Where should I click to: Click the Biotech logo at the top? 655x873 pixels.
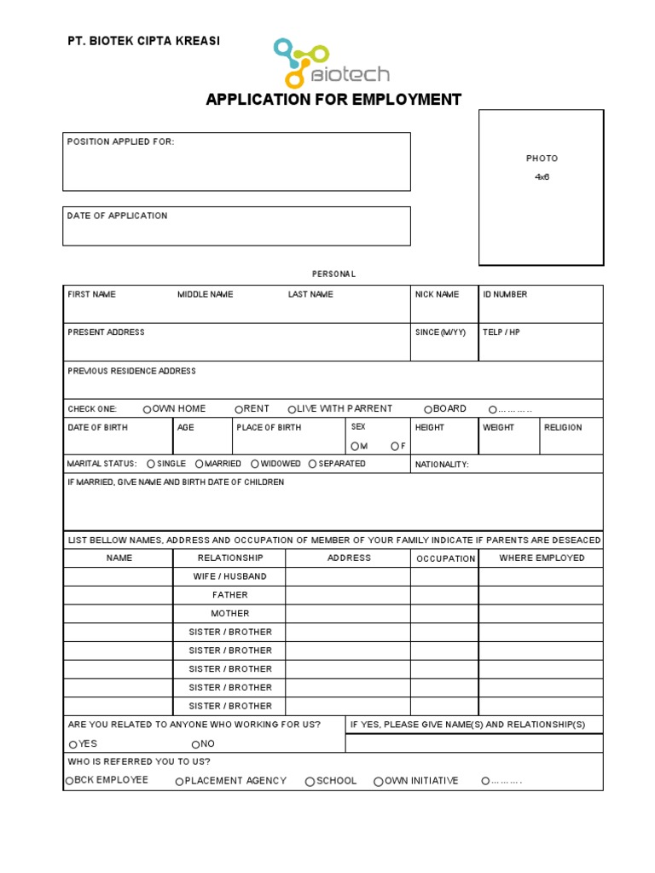331,63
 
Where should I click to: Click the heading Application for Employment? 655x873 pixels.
333,100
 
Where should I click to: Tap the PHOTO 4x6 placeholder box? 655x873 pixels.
542,188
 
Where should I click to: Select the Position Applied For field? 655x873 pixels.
236,161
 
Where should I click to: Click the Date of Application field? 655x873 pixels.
236,226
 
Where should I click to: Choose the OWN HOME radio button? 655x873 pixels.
148,409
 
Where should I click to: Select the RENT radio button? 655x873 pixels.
240,409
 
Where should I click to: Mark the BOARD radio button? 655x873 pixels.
428,409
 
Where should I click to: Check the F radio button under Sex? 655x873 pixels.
395,447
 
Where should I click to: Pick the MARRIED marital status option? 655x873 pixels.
200,465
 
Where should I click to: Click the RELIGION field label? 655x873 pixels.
563,427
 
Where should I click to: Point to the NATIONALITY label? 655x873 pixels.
442,465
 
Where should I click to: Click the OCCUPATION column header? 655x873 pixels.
444,558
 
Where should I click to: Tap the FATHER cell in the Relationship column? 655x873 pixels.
229,595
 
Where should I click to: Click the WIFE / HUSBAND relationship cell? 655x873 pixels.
229,576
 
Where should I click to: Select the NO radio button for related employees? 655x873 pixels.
195,744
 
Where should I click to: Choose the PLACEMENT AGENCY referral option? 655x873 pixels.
180,781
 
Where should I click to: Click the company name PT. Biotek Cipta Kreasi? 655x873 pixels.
143,41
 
